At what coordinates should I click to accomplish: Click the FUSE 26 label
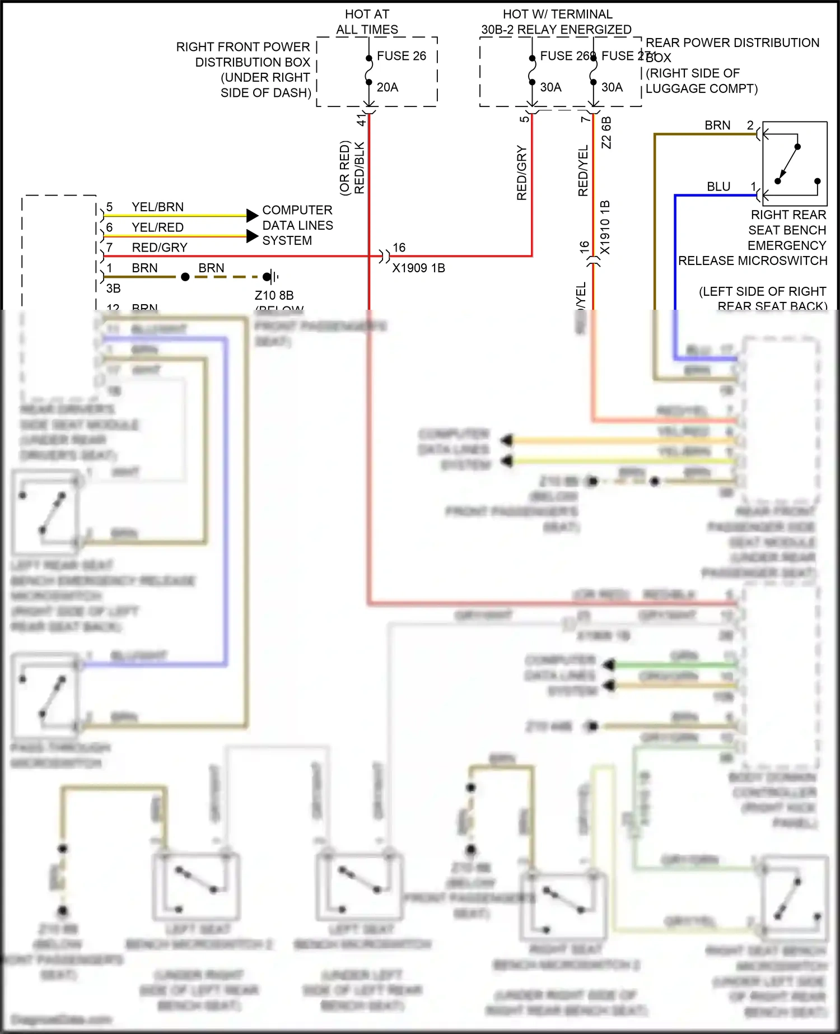[x=401, y=56]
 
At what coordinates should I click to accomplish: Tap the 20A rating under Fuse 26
[x=388, y=87]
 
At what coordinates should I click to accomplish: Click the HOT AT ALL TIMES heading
[x=367, y=22]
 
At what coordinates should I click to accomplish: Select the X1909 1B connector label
[x=418, y=268]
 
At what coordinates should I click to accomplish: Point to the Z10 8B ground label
[x=274, y=295]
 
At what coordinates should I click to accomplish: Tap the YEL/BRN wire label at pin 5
[x=157, y=207]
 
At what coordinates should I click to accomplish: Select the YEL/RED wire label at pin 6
[x=157, y=227]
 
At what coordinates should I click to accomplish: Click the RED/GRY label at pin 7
[x=160, y=248]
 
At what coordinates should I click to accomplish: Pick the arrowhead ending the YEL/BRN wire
[x=252, y=215]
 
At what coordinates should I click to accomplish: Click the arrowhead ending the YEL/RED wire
[x=252, y=236]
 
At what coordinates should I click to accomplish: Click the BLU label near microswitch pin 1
[x=718, y=187]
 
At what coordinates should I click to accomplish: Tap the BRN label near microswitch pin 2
[x=717, y=125]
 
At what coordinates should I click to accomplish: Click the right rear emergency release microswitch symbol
[x=795, y=164]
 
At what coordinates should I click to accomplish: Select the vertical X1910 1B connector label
[x=605, y=227]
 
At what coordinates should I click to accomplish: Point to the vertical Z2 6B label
[x=606, y=133]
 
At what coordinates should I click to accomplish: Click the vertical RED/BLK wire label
[x=360, y=168]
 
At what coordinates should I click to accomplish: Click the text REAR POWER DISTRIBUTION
[x=732, y=43]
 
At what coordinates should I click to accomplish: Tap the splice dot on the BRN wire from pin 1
[x=185, y=277]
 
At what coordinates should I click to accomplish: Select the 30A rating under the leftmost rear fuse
[x=550, y=87]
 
